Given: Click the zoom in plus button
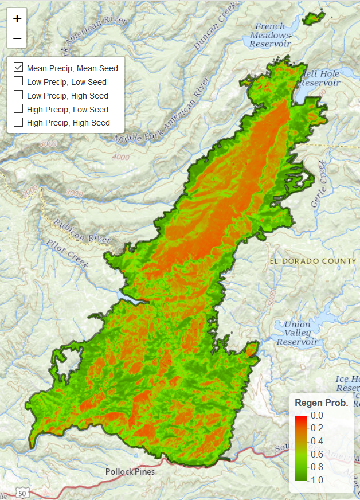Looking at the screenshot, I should (17, 18).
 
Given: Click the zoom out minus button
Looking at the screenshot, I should (17, 38).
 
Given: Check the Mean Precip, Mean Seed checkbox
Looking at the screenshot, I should (18, 68).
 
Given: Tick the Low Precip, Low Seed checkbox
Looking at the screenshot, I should (18, 81).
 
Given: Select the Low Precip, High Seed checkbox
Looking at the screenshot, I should (18, 95).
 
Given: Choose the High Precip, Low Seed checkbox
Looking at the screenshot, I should (18, 109).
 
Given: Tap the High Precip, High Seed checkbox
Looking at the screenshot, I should (18, 122).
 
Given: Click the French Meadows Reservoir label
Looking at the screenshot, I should (273, 35).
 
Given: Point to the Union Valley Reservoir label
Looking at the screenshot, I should (297, 333).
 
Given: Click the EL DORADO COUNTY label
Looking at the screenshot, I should (312, 261).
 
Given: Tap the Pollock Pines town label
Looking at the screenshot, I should (130, 472).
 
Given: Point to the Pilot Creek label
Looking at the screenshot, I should (68, 255).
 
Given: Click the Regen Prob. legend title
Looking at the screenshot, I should (321, 403).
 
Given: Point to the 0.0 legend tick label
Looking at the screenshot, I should (317, 415).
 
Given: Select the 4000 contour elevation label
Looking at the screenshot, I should (121, 157).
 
